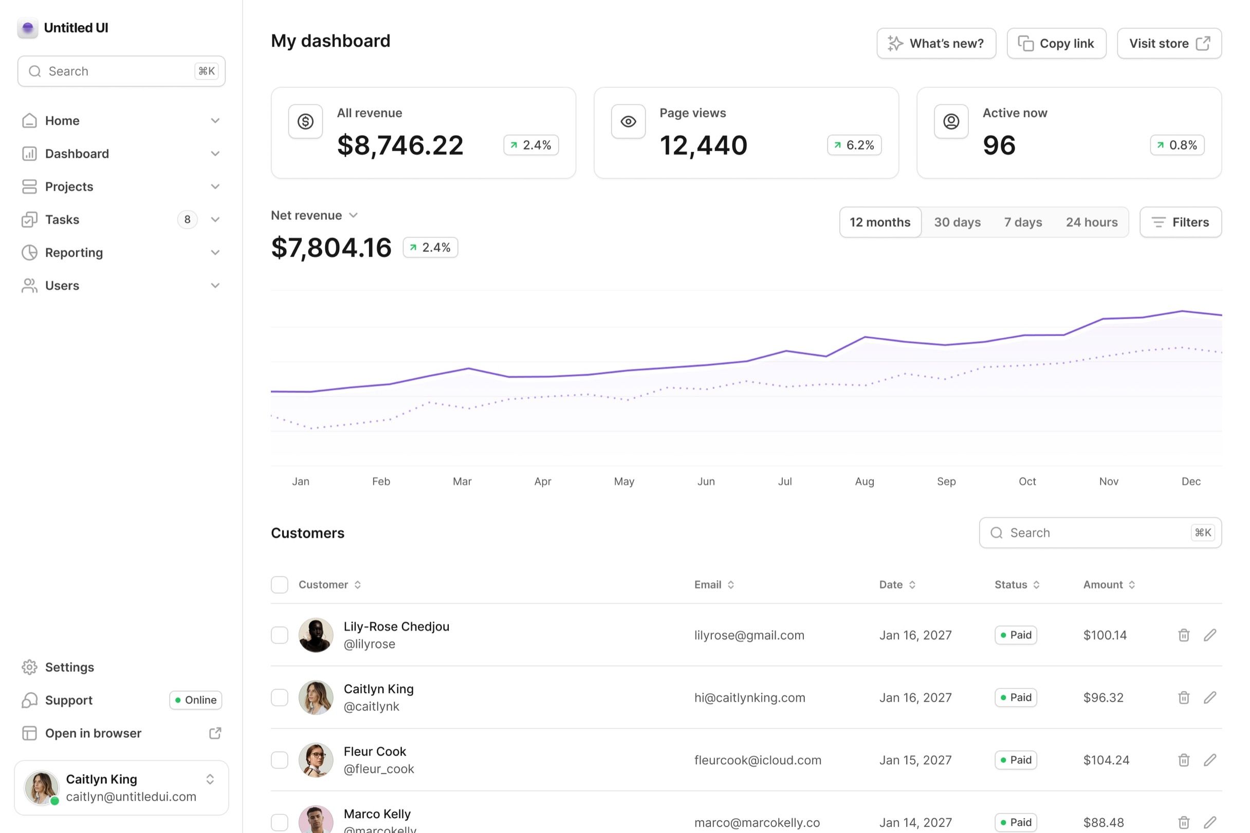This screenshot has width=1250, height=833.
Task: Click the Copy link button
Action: coord(1056,44)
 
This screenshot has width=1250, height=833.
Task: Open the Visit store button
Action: coord(1169,44)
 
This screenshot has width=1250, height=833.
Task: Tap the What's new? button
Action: coord(936,44)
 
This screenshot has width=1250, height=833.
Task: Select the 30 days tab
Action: coord(958,222)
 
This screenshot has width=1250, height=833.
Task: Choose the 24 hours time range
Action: coord(1091,222)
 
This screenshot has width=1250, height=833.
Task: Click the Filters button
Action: coord(1181,222)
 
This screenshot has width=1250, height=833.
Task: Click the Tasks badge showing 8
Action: coord(187,219)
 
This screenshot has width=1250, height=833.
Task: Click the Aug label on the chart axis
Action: coord(865,482)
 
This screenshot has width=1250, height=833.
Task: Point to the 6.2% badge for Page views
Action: coord(854,145)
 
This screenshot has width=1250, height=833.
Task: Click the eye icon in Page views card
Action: coord(628,122)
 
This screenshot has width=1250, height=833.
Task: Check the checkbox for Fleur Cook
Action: coord(280,760)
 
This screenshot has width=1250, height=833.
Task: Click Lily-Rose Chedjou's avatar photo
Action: coord(316,635)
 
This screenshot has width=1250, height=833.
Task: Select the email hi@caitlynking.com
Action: coord(749,697)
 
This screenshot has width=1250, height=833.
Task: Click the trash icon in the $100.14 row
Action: coord(1183,635)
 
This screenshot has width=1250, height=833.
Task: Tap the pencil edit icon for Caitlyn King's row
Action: coord(1209,697)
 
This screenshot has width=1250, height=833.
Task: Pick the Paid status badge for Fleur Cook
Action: coord(1015,760)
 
